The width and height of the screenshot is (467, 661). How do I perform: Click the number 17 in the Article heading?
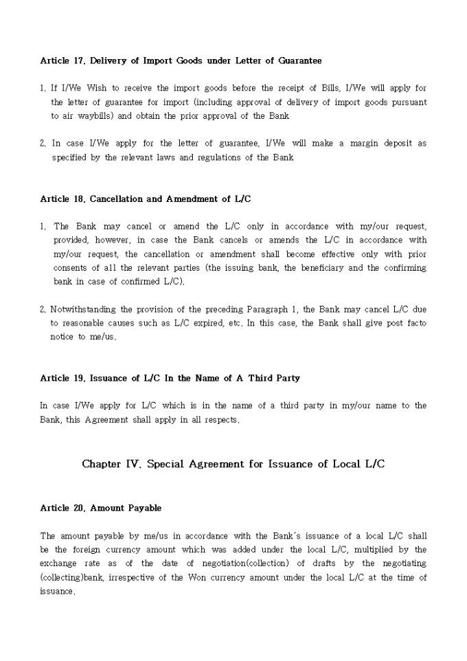pyautogui.click(x=78, y=60)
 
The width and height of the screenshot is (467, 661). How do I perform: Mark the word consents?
pyautogui.click(x=71, y=268)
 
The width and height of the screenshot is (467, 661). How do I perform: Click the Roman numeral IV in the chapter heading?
pyautogui.click(x=151, y=464)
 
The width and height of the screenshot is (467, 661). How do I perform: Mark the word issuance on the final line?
pyautogui.click(x=57, y=591)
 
